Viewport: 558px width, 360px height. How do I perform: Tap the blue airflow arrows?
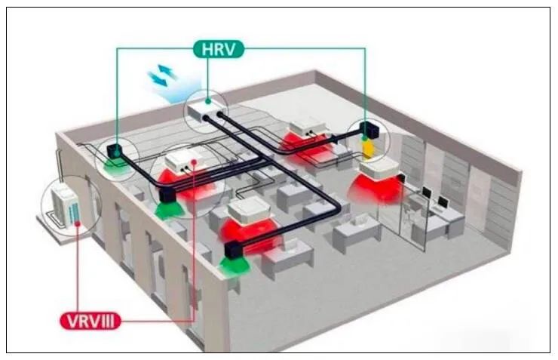tap(164, 75)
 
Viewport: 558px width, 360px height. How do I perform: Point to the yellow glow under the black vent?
tap(367, 149)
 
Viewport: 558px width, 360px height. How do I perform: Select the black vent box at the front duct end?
tap(232, 249)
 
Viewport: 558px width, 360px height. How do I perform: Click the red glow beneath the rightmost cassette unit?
tap(377, 188)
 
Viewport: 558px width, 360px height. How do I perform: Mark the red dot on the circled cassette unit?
tap(195, 160)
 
